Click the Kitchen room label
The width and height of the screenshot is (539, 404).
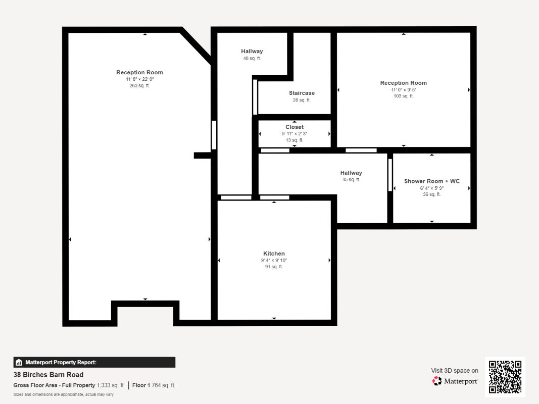tap(274, 254)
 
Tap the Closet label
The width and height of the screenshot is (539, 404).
tap(295, 127)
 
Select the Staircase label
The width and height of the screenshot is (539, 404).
tap(302, 93)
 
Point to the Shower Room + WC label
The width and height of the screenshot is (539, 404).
tap(432, 181)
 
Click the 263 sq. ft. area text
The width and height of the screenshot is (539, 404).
tap(139, 85)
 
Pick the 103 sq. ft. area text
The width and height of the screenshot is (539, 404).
tap(404, 96)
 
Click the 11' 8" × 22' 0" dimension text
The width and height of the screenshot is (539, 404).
tap(140, 79)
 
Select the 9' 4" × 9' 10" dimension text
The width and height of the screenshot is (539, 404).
tap(274, 260)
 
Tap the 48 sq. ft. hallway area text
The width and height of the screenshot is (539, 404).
tap(252, 59)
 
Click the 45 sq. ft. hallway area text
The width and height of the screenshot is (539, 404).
tap(351, 179)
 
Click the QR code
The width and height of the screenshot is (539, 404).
tap(505, 377)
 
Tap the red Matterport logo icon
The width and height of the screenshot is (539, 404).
tap(437, 381)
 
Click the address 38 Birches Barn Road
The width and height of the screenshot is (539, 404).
tap(48, 374)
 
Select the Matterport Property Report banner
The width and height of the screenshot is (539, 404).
tap(94, 362)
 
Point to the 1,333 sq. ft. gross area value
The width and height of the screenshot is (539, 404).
tap(111, 385)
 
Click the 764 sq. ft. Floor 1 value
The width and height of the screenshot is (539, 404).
tap(164, 385)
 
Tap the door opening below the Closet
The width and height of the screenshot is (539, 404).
tap(275, 150)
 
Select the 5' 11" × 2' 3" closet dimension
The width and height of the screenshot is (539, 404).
tap(295, 134)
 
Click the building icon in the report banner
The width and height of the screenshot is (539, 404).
tap(19, 362)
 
